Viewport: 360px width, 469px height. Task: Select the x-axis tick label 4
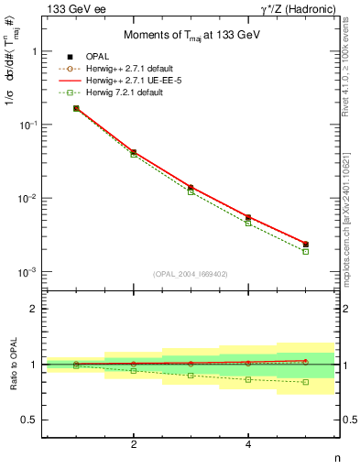point(248,445)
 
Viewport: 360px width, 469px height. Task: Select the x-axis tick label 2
point(134,445)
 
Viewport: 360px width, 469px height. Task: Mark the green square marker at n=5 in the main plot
point(306,251)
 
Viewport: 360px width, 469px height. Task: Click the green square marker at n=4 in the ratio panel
point(248,379)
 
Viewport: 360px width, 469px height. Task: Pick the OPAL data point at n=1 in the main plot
point(76,108)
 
